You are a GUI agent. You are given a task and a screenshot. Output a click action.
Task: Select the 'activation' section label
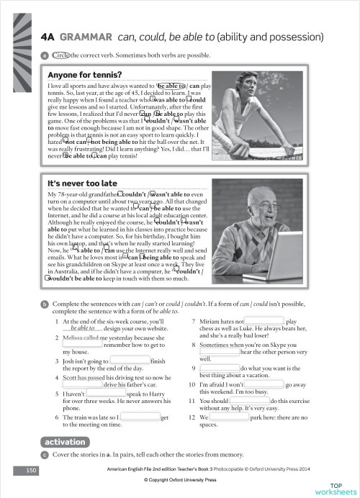click(65, 441)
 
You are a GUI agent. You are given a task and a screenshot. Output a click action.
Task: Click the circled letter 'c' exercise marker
click(45, 455)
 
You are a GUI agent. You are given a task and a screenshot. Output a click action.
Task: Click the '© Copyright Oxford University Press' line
click(180, 479)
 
